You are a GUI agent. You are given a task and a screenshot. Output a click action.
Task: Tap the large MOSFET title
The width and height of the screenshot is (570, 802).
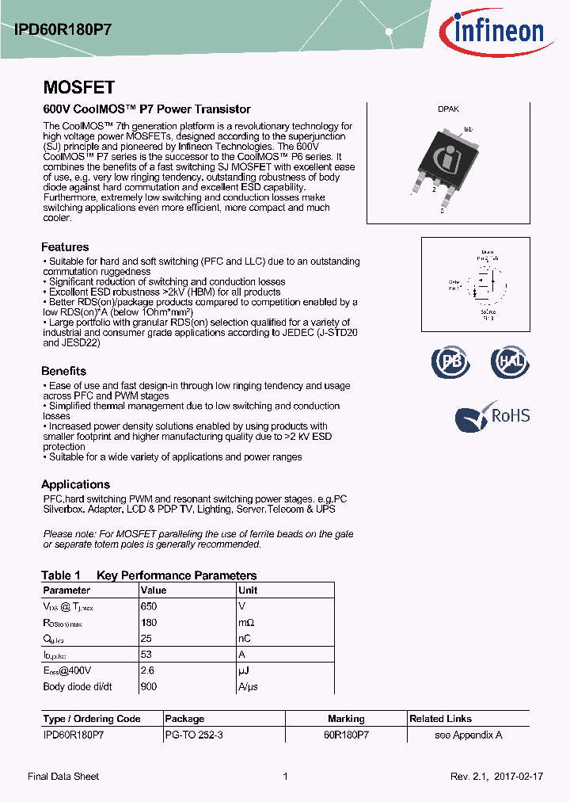pyautogui.click(x=78, y=87)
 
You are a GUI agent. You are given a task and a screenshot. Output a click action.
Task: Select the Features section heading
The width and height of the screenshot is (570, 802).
pyautogui.click(x=65, y=247)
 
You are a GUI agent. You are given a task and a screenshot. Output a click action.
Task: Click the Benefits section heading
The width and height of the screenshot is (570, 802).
pyautogui.click(x=63, y=371)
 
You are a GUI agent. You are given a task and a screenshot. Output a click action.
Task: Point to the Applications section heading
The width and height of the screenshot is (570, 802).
pyautogui.click(x=75, y=484)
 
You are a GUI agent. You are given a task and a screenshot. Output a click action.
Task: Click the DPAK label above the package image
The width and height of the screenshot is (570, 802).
pyautogui.click(x=448, y=110)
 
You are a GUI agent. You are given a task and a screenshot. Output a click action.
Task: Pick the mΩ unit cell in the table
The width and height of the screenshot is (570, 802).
pyautogui.click(x=247, y=623)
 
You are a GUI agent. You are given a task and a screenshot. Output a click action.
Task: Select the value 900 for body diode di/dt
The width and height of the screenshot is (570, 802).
pyautogui.click(x=149, y=687)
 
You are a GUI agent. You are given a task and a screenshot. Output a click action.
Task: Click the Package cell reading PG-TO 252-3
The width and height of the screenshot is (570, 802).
pyautogui.click(x=193, y=735)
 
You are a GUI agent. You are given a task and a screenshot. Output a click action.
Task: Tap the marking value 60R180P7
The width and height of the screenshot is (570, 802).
pyautogui.click(x=346, y=735)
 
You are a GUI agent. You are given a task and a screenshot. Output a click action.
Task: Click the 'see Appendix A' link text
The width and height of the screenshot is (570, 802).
pyautogui.click(x=468, y=735)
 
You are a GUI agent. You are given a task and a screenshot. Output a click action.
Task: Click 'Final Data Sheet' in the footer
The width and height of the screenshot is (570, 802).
pyautogui.click(x=63, y=777)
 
